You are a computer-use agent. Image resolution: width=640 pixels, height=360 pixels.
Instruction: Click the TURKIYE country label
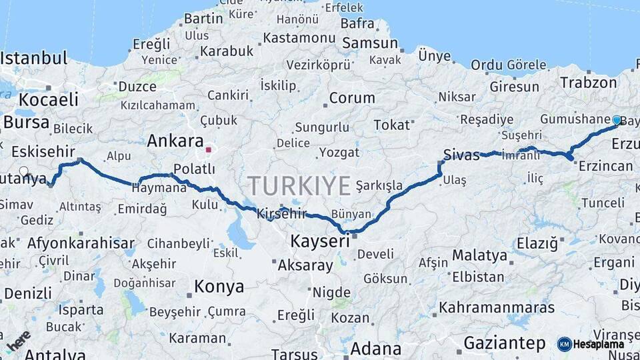tap(299, 185)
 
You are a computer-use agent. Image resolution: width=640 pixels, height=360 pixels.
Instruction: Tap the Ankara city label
tap(175, 141)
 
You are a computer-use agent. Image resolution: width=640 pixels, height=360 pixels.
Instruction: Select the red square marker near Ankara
tap(209, 149)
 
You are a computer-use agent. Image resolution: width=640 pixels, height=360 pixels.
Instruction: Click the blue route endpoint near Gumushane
tap(617, 120)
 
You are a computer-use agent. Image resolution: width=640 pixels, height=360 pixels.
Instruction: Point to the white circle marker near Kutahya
tap(24, 171)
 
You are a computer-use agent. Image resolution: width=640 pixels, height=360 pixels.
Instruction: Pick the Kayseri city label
tap(320, 241)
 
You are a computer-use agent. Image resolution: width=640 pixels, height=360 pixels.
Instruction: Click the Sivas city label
tap(461, 155)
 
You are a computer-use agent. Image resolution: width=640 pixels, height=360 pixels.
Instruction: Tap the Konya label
tap(219, 287)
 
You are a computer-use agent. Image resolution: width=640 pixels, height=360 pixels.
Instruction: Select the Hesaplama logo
tap(591, 344)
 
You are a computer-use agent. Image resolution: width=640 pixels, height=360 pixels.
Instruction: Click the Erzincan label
tap(605, 165)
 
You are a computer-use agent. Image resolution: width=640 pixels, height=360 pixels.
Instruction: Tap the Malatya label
tap(479, 255)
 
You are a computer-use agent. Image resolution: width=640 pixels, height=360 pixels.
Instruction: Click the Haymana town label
tap(159, 188)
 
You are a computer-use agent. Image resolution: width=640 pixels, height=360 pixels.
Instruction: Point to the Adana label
tap(376, 348)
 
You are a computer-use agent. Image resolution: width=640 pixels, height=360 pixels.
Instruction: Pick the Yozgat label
tap(339, 152)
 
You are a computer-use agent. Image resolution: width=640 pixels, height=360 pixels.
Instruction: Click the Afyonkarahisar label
tap(81, 243)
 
